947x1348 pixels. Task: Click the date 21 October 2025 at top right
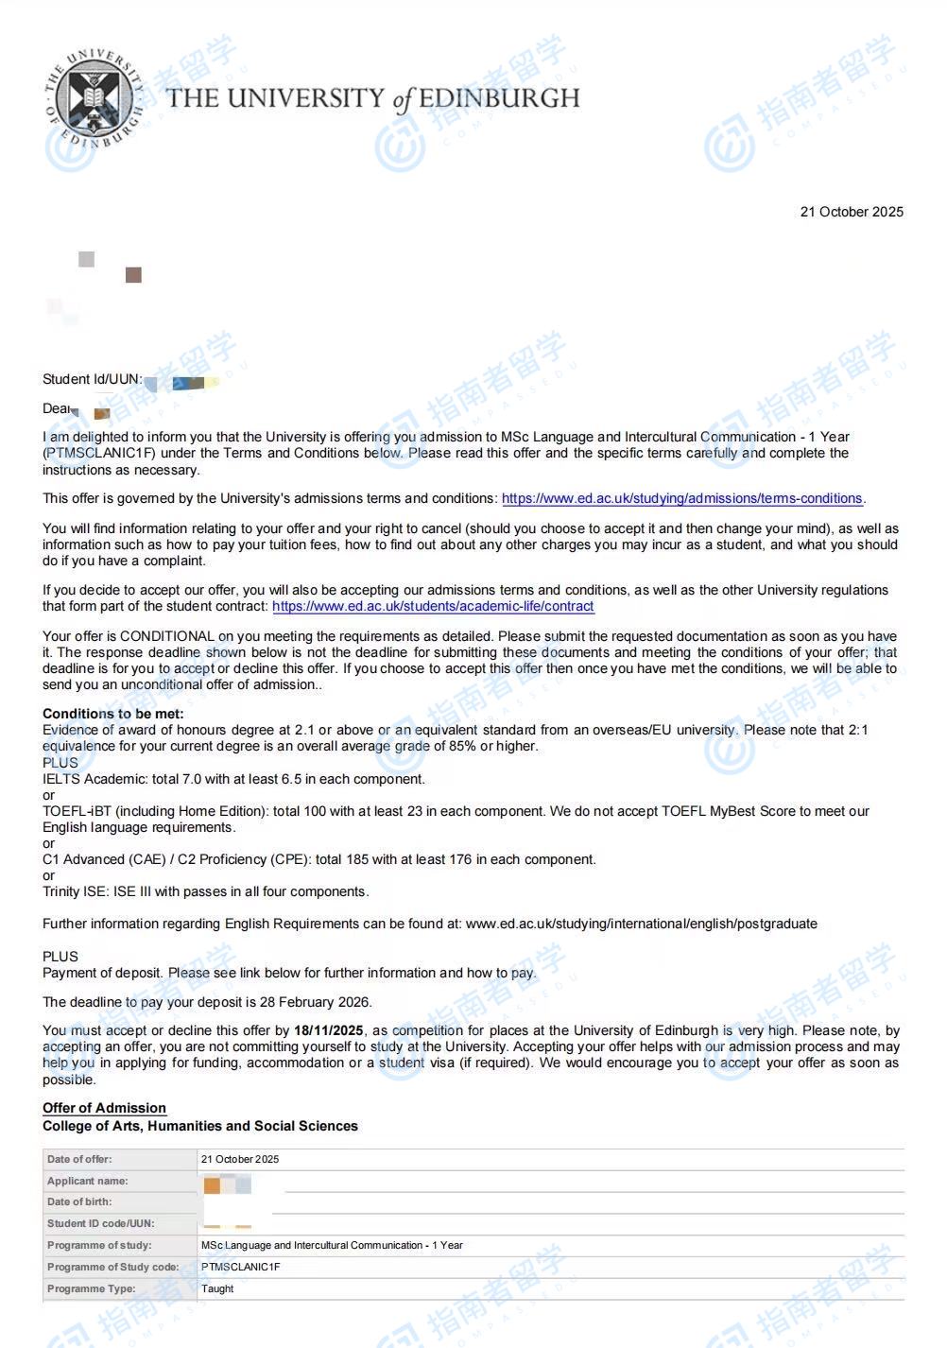tap(851, 212)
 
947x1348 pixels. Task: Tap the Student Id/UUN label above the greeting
tap(92, 379)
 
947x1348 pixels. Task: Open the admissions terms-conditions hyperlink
tap(681, 498)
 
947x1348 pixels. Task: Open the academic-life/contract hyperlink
tap(433, 606)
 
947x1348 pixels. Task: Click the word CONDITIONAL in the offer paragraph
tap(167, 636)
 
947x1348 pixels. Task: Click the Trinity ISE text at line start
tap(74, 891)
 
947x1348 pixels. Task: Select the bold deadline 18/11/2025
tap(328, 1030)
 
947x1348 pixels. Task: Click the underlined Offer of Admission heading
tap(104, 1108)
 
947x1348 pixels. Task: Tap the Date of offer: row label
tap(79, 1159)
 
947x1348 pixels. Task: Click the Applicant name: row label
tap(87, 1181)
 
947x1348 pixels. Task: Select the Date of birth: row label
tap(79, 1201)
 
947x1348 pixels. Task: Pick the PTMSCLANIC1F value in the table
tap(240, 1267)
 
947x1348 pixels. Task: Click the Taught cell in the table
tap(217, 1288)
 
